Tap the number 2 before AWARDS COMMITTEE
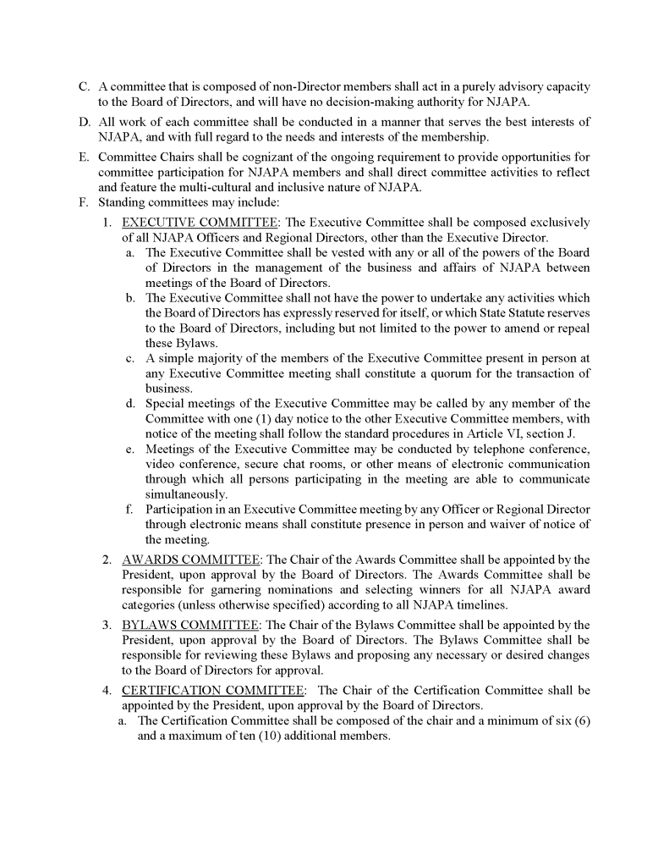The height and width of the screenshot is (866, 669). [107, 560]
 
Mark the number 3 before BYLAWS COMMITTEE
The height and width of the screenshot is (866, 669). [107, 626]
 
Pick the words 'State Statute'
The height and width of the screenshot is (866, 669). [512, 313]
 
